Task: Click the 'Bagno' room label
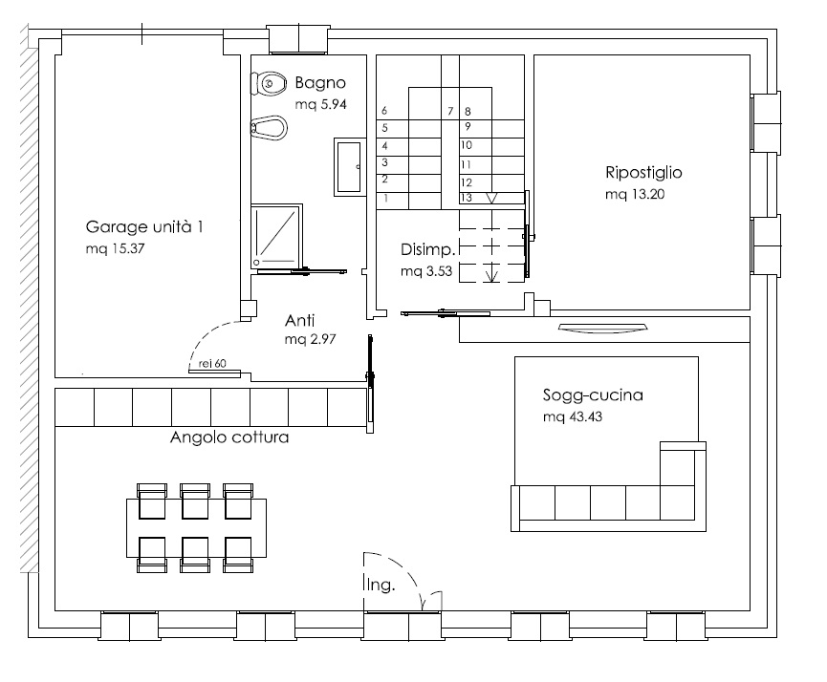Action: pyautogui.click(x=320, y=83)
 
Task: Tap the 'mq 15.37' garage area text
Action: pyautogui.click(x=115, y=248)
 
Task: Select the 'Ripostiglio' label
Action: pyautogui.click(x=643, y=173)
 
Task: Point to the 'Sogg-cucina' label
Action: pyautogui.click(x=593, y=395)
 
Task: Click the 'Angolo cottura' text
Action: pyautogui.click(x=229, y=437)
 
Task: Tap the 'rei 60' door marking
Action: pyautogui.click(x=212, y=363)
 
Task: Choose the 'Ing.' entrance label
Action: pyautogui.click(x=380, y=585)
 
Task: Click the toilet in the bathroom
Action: pyautogui.click(x=269, y=83)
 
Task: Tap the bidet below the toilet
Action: pyautogui.click(x=269, y=128)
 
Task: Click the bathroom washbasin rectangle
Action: pyautogui.click(x=349, y=166)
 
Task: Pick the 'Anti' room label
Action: pyautogui.click(x=299, y=320)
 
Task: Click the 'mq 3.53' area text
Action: pyautogui.click(x=426, y=271)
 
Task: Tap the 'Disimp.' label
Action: pyautogui.click(x=427, y=249)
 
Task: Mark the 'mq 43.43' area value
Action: pyautogui.click(x=573, y=416)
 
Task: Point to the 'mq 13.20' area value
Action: pyautogui.click(x=635, y=195)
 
